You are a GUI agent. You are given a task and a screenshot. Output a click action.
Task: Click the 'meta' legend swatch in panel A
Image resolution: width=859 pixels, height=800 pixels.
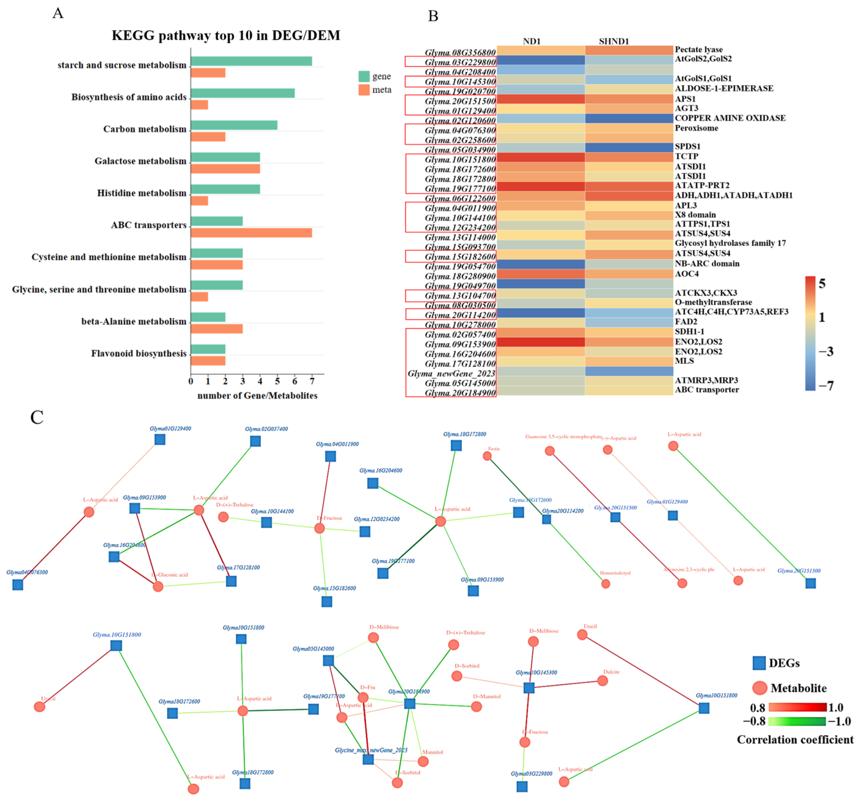coord(364,90)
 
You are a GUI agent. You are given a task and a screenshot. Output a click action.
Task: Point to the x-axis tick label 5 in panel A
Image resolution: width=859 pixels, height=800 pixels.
coord(277,381)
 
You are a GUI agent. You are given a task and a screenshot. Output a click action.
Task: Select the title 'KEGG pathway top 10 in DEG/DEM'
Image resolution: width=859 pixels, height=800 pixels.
coord(226,35)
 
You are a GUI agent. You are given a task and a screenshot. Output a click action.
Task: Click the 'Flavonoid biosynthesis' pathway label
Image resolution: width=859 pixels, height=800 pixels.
coord(139,353)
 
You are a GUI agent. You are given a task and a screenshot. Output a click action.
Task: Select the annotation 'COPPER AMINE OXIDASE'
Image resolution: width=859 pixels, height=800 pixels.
coord(730,118)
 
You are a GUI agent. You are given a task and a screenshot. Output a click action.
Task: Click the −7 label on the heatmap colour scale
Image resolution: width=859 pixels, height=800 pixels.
coord(826,385)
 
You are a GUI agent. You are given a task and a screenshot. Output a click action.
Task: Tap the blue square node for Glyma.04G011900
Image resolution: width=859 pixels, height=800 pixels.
coord(331,456)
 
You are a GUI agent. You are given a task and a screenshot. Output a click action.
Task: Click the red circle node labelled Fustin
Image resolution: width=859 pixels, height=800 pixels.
coord(487,456)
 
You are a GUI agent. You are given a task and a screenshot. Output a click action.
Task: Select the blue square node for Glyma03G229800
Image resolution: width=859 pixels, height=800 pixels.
coord(522,787)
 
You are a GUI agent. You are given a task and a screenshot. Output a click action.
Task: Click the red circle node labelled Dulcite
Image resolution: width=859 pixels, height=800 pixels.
coord(602,681)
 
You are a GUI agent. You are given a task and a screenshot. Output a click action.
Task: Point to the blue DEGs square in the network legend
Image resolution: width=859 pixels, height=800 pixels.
coord(759,663)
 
